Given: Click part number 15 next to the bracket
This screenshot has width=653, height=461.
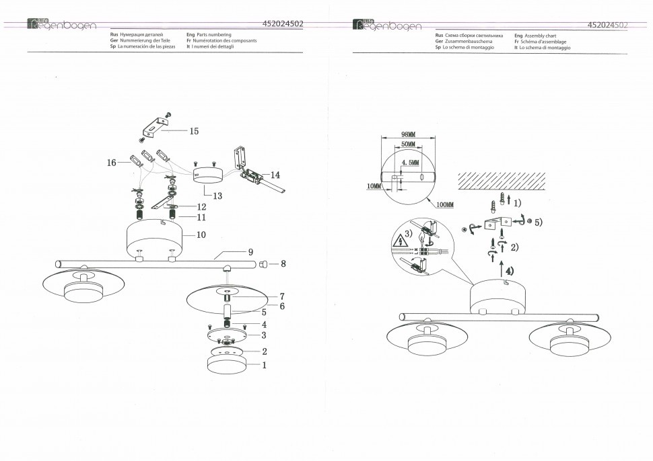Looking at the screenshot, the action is pos(194,131).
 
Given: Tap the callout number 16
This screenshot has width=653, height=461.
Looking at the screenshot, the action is pos(112,163).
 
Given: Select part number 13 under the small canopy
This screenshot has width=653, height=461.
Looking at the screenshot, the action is pos(217,196).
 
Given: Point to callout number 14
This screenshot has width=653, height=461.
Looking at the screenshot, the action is pos(275,175).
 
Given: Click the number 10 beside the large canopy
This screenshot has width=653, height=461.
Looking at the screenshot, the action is pos(201,235).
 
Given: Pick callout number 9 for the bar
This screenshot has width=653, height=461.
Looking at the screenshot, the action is pos(250,252).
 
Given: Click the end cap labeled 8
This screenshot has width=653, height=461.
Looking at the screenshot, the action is pos(263,263).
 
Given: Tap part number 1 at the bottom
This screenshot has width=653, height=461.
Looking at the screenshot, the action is pos(264,366).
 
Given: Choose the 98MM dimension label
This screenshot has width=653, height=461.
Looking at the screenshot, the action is pos(409,134).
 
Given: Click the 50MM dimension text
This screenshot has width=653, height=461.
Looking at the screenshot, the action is pos(408,144).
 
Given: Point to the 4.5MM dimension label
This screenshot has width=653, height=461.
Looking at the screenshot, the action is pos(411,163).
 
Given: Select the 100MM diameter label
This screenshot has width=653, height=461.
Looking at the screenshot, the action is pos(445,204).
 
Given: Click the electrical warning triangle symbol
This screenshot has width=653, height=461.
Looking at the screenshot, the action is pos(400,241).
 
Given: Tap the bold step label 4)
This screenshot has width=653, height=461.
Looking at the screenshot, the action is pos(510,271).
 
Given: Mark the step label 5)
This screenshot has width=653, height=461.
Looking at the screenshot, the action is pos(539,222).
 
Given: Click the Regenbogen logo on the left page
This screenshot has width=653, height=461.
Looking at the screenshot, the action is pos(62,24).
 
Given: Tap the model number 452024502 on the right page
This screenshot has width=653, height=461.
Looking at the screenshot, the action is pos(607,25).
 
